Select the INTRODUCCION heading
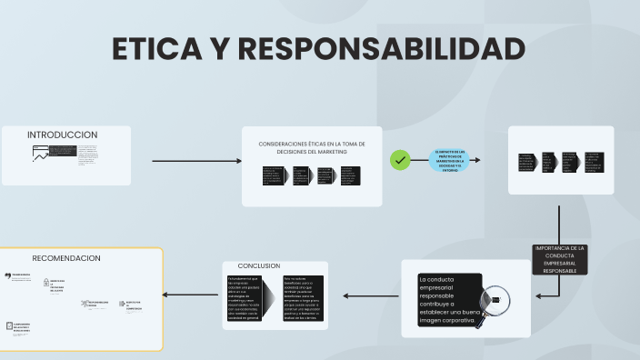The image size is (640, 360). click(62, 135)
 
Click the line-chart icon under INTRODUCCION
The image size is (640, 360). click(41, 154)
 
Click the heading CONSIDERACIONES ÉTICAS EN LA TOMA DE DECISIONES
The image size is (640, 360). click(312, 147)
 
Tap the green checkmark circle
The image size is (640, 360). click(400, 161)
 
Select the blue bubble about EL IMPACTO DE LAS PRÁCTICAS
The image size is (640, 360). click(449, 161)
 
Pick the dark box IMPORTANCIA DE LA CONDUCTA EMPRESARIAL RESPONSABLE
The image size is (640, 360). click(560, 259)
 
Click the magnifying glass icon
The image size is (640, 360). click(496, 298)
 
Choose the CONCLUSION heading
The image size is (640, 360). click(259, 265)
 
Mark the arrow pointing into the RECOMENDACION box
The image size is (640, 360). click(191, 295)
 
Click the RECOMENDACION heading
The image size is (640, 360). click(66, 258)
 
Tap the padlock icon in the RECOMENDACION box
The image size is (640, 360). click(45, 284)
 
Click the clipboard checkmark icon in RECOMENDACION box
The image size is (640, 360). click(9, 325)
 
